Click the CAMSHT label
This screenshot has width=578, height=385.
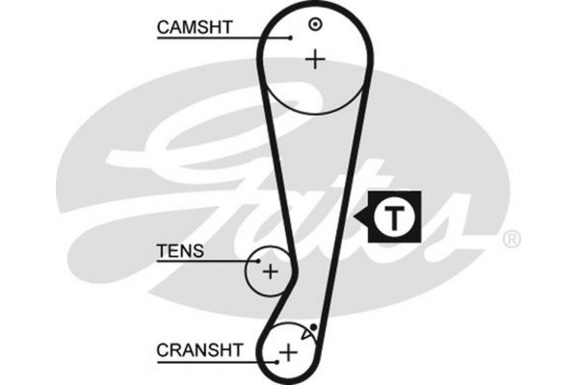[194, 30]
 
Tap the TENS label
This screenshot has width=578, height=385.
[180, 251]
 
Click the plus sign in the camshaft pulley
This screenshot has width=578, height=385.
[313, 60]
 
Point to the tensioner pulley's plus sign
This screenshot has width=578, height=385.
[270, 271]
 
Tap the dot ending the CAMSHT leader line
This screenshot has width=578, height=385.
[290, 38]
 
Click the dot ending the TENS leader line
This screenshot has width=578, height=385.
[258, 260]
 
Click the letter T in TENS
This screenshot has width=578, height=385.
[161, 251]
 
